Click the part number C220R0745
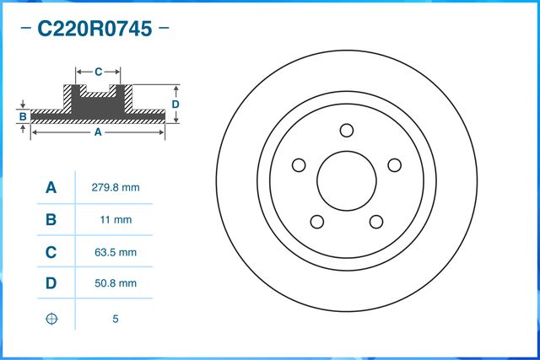(x=94, y=30)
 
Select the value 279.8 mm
(x=114, y=187)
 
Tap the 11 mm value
(x=114, y=220)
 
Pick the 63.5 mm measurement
(x=114, y=252)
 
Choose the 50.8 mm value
(x=114, y=284)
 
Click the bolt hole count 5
(x=114, y=320)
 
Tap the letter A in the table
(x=51, y=187)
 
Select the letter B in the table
(x=51, y=220)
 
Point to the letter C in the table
(x=51, y=252)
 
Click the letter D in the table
(x=51, y=284)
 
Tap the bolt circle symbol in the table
(x=51, y=320)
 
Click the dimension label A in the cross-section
(x=97, y=132)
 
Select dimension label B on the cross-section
(x=23, y=115)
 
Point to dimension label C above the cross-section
(x=98, y=71)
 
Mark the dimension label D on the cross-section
(x=175, y=104)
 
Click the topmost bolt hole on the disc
(x=346, y=130)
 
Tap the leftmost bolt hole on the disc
(x=299, y=165)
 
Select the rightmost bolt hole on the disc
(x=393, y=165)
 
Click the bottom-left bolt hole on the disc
(x=317, y=221)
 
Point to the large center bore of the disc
(x=346, y=180)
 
